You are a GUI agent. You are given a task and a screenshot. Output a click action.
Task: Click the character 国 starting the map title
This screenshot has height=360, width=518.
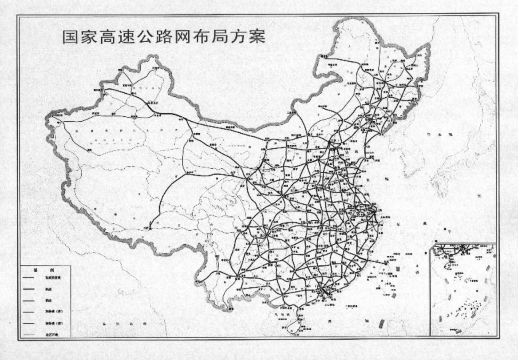coord(70,37)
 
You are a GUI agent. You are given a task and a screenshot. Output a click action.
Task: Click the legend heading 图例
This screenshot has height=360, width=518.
coord(45,270)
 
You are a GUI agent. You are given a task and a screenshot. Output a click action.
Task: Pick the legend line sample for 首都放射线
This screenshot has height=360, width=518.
coord(29,278)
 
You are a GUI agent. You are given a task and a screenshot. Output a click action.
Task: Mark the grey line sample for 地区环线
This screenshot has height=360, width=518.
coord(29,333)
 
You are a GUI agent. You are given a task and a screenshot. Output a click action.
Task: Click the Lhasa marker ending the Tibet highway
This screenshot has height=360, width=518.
coord(150,228)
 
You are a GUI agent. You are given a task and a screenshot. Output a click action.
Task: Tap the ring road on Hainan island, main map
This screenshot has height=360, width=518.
coord(293,327)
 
